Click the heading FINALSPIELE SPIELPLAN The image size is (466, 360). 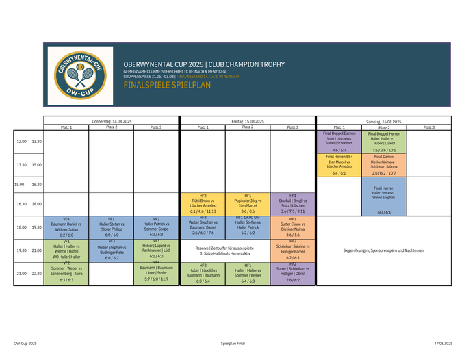(x=167, y=86)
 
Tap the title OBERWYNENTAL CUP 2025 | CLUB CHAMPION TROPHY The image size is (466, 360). (x=204, y=64)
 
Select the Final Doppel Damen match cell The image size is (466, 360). (x=339, y=141)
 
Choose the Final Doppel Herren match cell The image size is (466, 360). (x=383, y=141)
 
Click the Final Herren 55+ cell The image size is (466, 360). (x=339, y=165)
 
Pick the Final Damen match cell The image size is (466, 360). (x=383, y=165)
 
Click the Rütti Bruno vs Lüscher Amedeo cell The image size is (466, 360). (x=203, y=204)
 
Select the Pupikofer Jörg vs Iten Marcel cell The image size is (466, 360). (x=247, y=204)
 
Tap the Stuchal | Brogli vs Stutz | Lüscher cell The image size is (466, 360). (x=292, y=204)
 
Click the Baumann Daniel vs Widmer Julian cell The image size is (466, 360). (x=66, y=227)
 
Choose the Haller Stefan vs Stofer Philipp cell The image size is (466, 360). (x=111, y=227)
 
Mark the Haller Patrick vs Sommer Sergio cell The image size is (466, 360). (x=156, y=227)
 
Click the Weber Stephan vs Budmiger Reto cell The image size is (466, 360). (x=111, y=250)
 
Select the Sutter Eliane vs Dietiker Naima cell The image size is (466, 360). (x=292, y=227)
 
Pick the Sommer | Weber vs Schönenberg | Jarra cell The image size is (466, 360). (x=66, y=273)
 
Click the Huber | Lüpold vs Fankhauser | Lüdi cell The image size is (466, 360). (x=156, y=250)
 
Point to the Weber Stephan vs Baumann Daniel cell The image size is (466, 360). (x=203, y=227)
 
